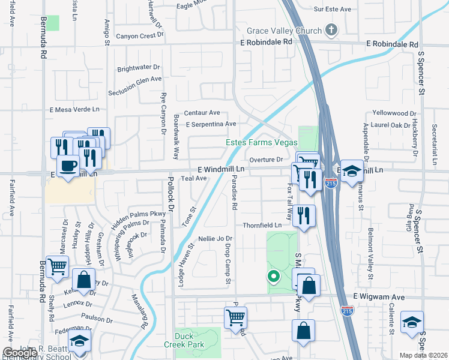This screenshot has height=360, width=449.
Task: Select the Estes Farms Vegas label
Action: point(261,142)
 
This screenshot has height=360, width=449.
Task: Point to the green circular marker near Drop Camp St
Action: point(273,277)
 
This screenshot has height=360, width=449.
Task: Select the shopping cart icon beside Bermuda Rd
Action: point(57,266)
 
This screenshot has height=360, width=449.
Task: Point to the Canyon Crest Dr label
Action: point(140,35)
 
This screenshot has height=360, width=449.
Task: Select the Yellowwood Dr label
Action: point(394,113)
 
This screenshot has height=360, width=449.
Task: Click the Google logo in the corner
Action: point(19,353)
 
